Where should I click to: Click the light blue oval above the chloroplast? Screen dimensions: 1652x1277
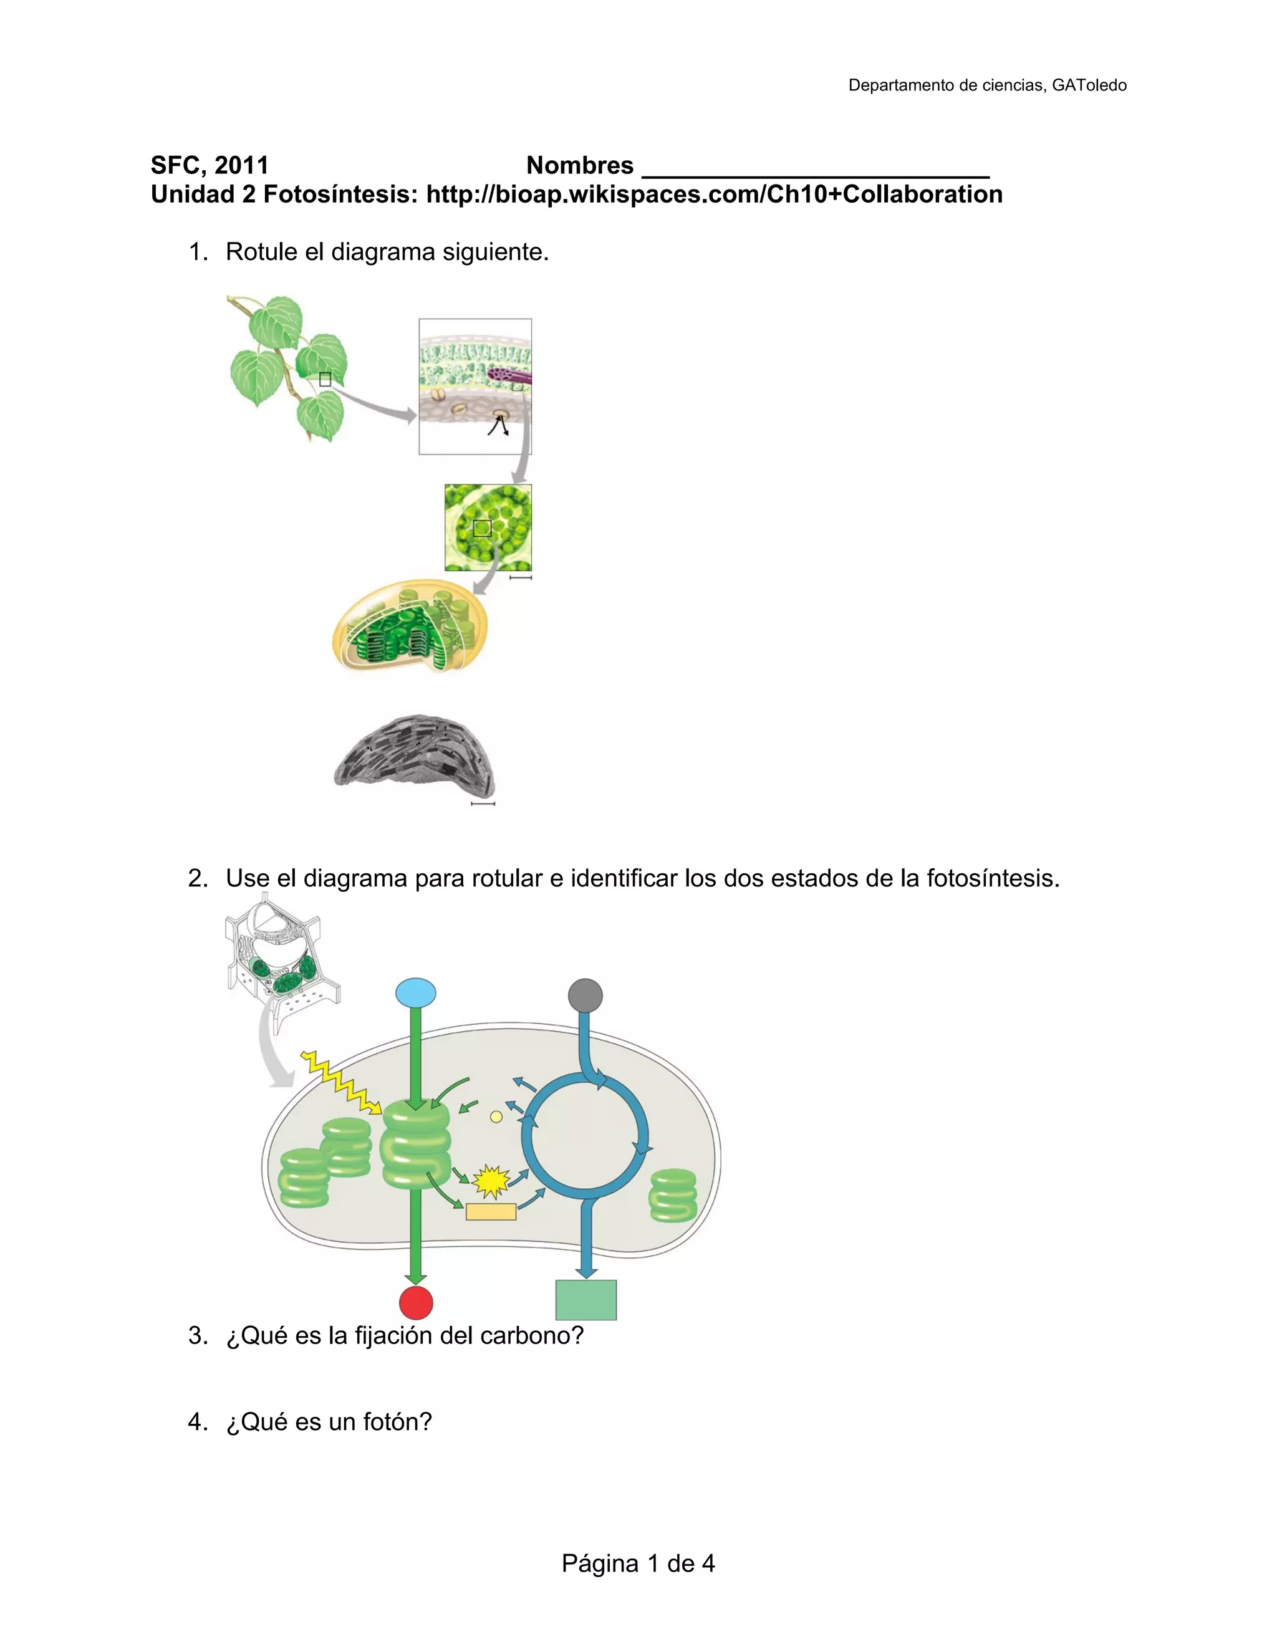click(416, 992)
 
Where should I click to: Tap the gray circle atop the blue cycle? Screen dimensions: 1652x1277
click(585, 995)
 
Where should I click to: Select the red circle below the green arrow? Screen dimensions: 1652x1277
click(416, 1302)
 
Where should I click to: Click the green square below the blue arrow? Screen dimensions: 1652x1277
click(585, 1300)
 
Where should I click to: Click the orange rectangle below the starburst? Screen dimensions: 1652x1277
click(491, 1212)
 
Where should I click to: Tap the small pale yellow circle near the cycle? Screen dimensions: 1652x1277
click(496, 1117)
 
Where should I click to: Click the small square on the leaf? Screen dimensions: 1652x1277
click(325, 380)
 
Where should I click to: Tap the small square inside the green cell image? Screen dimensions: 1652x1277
click(482, 528)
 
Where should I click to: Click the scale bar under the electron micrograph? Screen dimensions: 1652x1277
click(483, 804)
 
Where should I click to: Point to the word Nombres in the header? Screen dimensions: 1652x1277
click(579, 165)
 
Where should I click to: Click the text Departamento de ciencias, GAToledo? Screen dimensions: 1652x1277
click(987, 85)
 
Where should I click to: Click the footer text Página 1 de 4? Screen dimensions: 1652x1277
click(638, 1563)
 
